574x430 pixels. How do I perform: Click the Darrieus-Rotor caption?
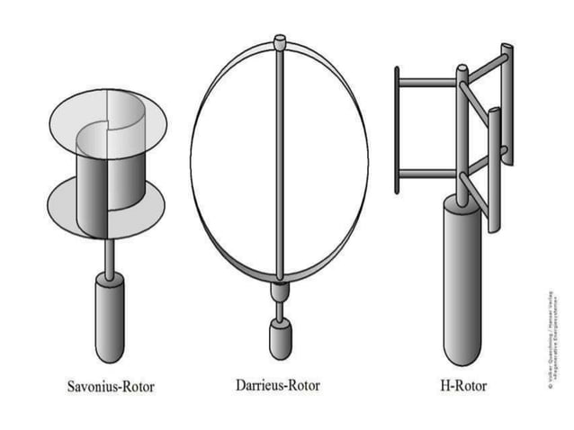pyautogui.click(x=277, y=385)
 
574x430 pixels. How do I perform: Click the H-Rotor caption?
pyautogui.click(x=464, y=385)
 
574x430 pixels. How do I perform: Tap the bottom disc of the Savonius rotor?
pyautogui.click(x=63, y=205)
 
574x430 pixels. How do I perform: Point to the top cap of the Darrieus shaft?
pyautogui.click(x=280, y=40)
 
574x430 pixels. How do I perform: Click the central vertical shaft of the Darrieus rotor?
pyautogui.click(x=281, y=162)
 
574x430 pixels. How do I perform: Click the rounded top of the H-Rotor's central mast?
pyautogui.click(x=462, y=68)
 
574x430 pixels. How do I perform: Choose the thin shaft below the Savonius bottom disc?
pyautogui.click(x=111, y=256)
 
